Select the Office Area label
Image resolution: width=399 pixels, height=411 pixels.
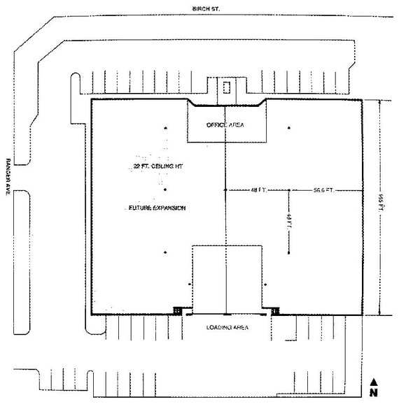(225, 124)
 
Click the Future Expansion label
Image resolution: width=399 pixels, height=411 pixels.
(157, 208)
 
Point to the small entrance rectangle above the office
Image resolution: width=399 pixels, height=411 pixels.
(226, 88)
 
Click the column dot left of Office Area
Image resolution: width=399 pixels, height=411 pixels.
(166, 128)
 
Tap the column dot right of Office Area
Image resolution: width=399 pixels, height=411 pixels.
(288, 128)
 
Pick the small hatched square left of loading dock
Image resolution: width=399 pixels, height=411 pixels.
(178, 310)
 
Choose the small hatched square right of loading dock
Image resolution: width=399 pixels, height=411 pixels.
(276, 310)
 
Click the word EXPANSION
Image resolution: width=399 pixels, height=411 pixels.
(167, 208)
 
